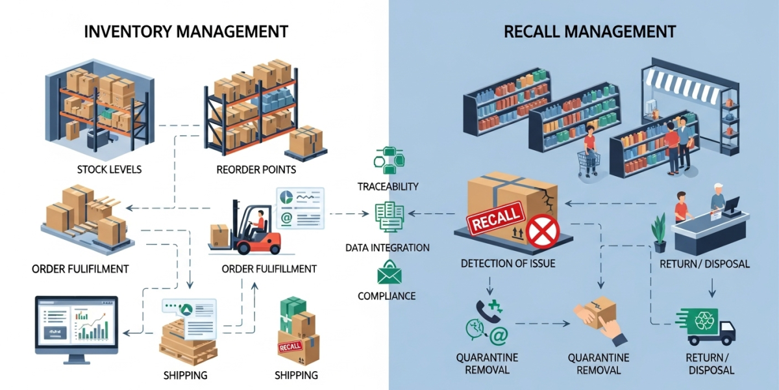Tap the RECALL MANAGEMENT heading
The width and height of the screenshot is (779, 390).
[x=589, y=31]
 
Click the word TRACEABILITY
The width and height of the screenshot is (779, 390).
[x=388, y=187]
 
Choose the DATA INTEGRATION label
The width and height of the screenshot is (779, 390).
[x=387, y=248]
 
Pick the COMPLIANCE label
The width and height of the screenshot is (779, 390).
[x=387, y=296]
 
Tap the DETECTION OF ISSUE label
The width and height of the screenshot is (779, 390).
[x=508, y=264]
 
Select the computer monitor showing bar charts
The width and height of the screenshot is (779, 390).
[x=77, y=325]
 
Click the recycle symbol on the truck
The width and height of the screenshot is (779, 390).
[x=704, y=320]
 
